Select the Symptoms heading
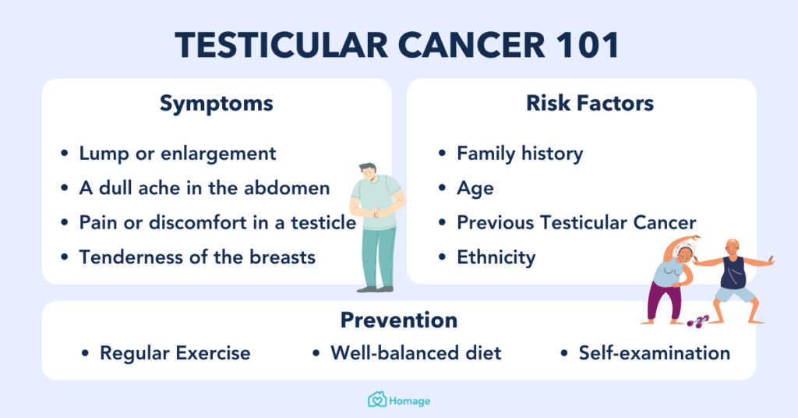216,104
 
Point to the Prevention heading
398,320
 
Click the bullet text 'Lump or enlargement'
178,153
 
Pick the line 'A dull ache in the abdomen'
204,188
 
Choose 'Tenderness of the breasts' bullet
197,257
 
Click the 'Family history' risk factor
520,153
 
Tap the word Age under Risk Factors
475,188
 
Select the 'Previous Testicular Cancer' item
576,222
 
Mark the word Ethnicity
496,257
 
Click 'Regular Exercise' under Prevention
175,353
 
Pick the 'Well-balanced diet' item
415,353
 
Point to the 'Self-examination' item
654,353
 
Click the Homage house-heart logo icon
377,400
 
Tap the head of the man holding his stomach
370,172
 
